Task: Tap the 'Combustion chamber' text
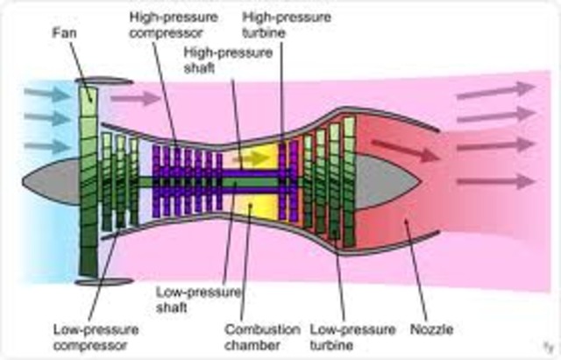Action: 262,338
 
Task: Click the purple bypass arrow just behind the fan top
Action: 136,99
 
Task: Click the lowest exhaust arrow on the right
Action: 495,181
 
